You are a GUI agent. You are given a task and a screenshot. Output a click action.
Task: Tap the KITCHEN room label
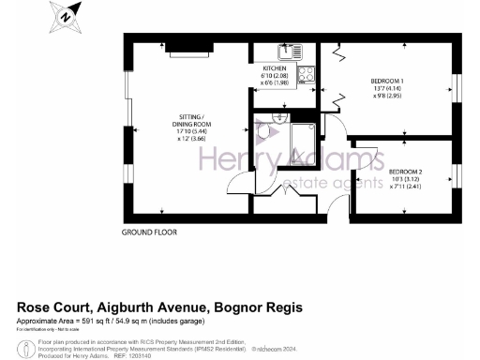275,68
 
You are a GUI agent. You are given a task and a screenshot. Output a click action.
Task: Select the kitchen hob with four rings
307,72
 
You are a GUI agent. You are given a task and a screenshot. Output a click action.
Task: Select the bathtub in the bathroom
301,140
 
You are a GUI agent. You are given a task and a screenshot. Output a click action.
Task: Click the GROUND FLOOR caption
149,232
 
